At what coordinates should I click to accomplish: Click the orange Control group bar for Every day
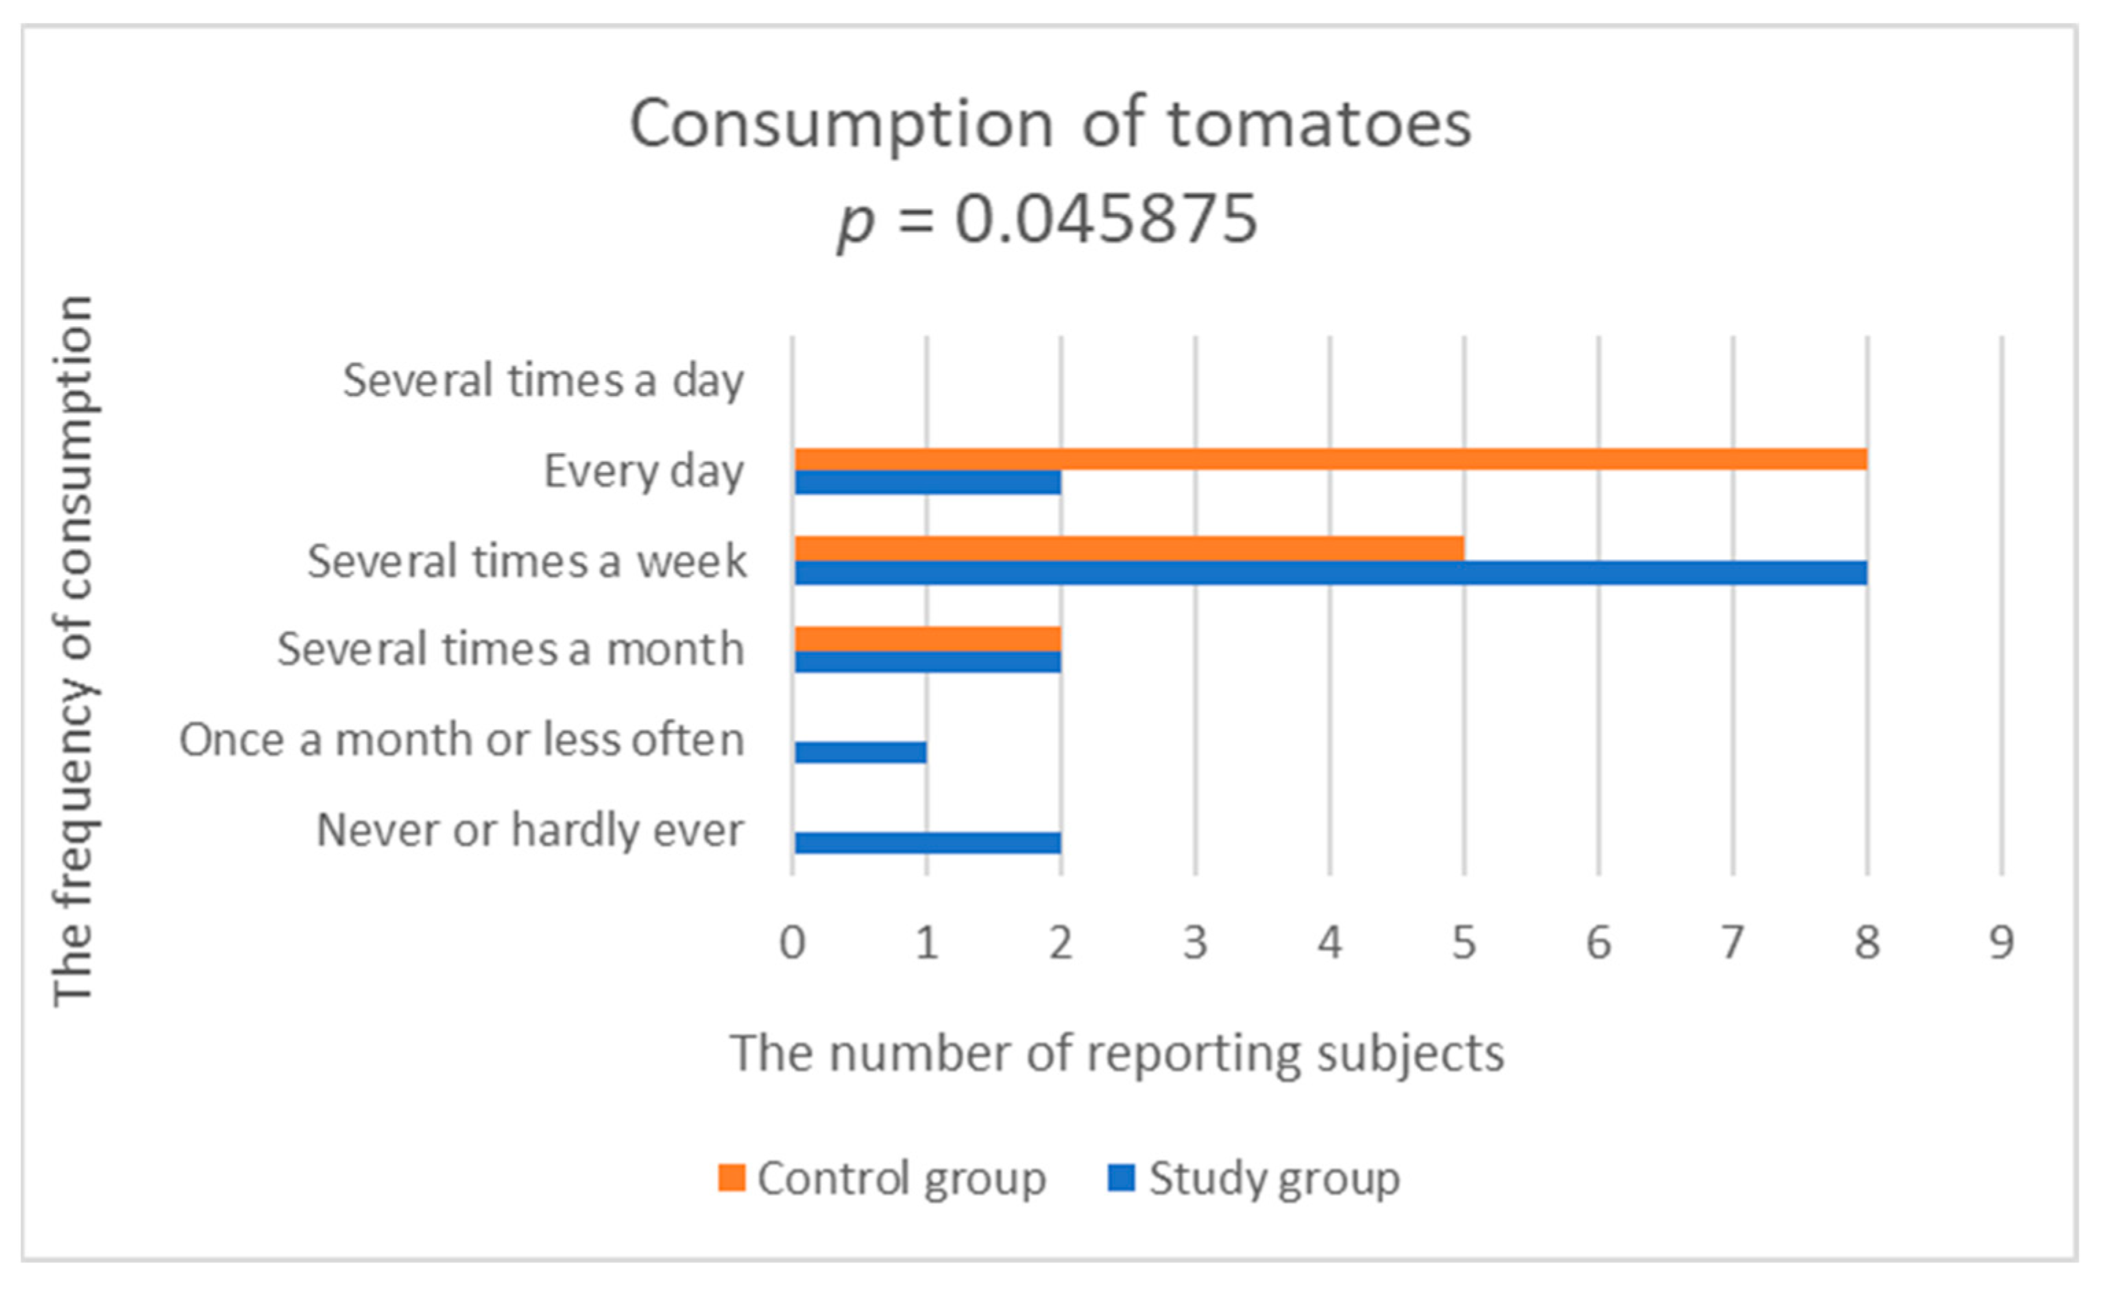[x=1330, y=459]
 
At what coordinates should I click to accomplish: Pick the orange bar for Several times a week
[x=1129, y=549]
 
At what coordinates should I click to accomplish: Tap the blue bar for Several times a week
[x=1330, y=573]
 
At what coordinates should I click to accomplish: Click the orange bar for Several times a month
[x=928, y=639]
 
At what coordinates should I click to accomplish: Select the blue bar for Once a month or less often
[x=860, y=752]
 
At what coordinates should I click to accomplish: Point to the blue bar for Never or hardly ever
[x=928, y=843]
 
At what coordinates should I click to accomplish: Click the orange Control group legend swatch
[x=731, y=1179]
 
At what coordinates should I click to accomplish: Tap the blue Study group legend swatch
[x=1121, y=1179]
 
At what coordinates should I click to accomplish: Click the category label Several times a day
[x=543, y=381]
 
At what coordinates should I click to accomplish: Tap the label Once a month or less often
[x=461, y=739]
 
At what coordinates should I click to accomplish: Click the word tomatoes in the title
[x=1319, y=125]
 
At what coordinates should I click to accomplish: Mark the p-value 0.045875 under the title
[x=1106, y=219]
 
